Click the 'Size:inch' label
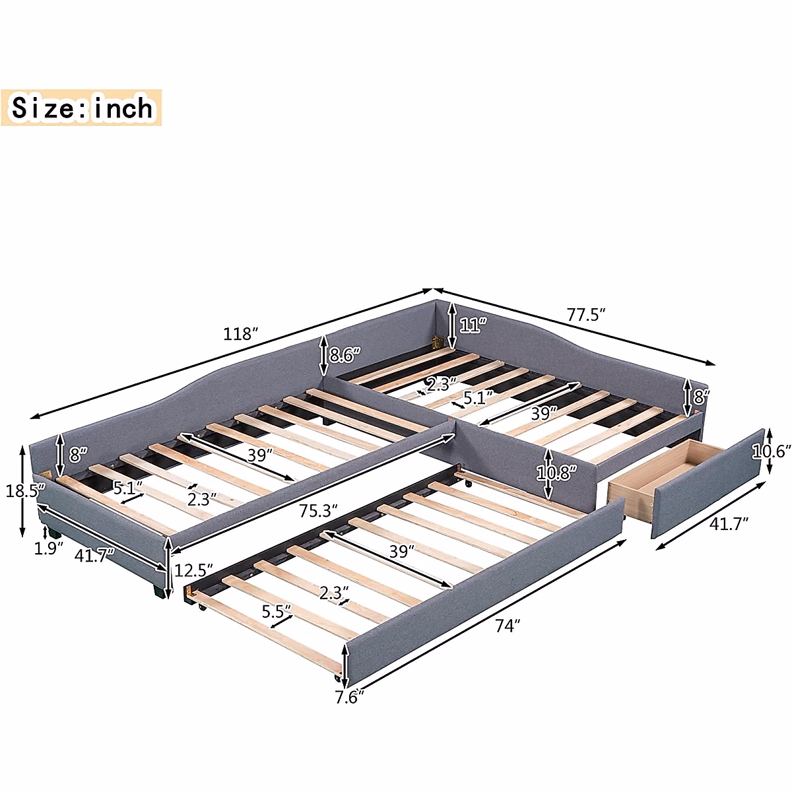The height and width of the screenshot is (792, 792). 82,108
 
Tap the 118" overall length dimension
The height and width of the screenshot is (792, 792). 239,334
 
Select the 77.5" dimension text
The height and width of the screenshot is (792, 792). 586,315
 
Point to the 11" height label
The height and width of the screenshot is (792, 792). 473,324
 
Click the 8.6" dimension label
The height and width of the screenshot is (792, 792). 345,354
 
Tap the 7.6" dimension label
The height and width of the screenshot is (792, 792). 349,696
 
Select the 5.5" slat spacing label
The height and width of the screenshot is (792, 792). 277,611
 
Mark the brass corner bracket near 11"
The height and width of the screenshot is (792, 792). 436,343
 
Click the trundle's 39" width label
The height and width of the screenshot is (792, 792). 398,551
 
